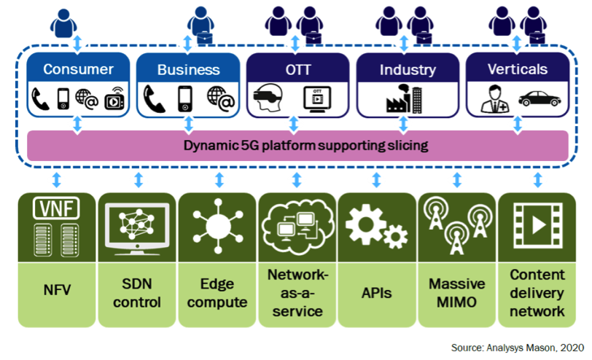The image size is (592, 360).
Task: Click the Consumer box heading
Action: pos(78,70)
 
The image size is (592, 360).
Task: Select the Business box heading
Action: pos(188,70)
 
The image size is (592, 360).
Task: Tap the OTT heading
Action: pos(297,70)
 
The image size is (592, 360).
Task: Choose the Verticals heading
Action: pos(517,70)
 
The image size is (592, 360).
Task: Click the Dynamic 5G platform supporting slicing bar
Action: pos(296,146)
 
